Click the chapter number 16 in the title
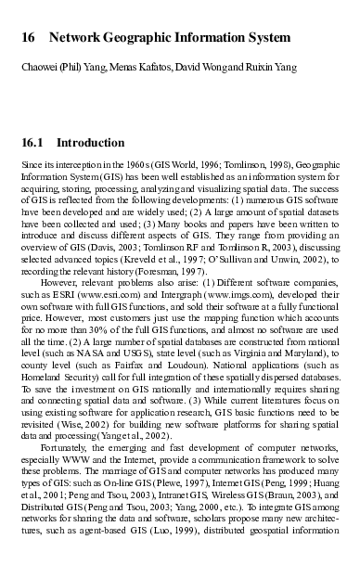point(28,39)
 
